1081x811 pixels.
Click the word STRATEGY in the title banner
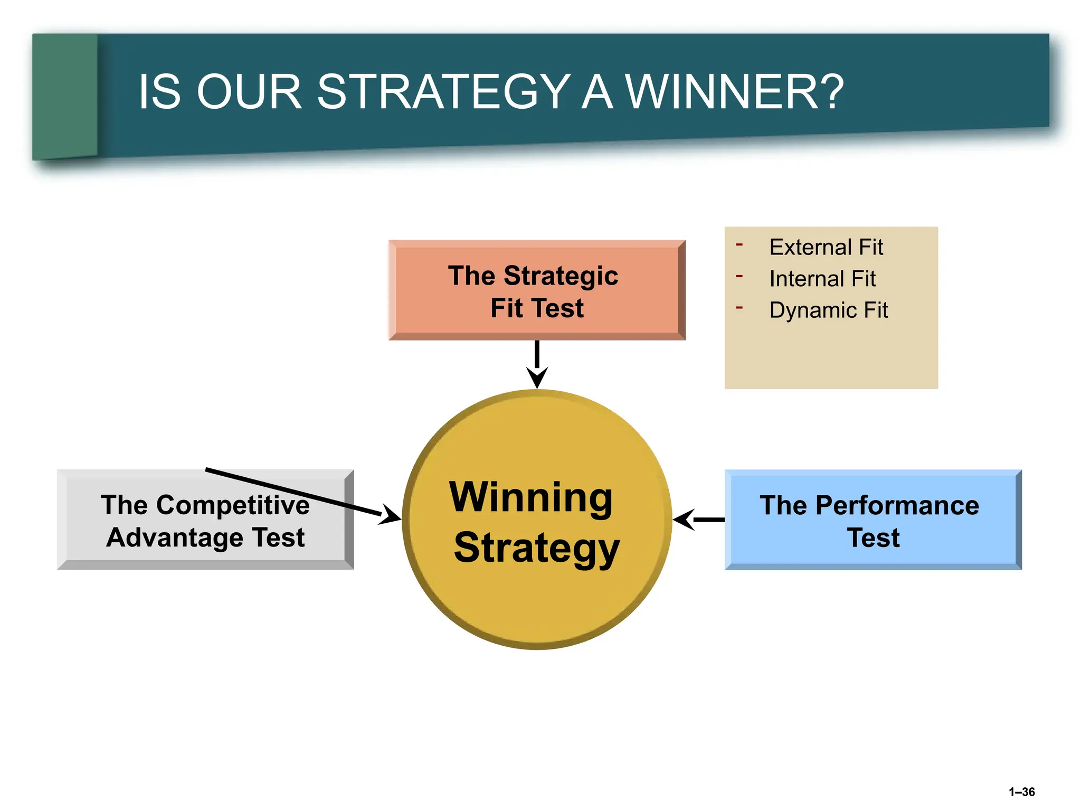click(443, 92)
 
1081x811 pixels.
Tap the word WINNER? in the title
click(734, 92)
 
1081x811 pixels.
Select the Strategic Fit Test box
click(537, 290)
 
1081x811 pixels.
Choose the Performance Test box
click(873, 520)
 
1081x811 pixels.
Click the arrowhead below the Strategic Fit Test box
click(537, 378)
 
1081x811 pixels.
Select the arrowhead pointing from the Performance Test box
click(683, 520)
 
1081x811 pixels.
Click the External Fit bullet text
click(826, 247)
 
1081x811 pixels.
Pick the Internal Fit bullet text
click(822, 279)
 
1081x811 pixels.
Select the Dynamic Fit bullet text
click(829, 310)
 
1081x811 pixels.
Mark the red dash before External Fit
click(739, 244)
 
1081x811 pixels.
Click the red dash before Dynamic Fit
click(739, 307)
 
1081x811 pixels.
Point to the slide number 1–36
click(1021, 792)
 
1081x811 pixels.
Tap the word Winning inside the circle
click(531, 497)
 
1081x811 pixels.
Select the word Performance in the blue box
click(897, 505)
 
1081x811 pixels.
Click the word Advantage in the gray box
click(175, 537)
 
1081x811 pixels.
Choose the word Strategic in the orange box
click(561, 276)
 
